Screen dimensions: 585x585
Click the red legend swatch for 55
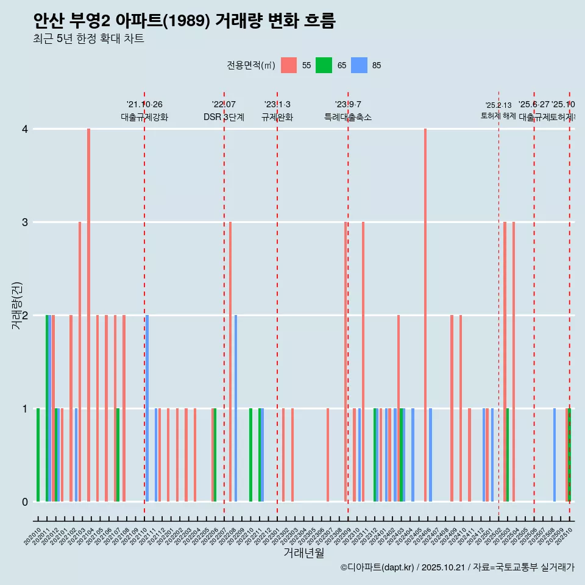(289, 65)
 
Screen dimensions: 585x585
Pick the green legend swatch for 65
(324, 65)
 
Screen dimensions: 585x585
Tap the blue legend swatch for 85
(359, 65)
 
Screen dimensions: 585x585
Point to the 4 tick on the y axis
(25, 129)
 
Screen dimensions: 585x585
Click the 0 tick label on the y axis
(25, 502)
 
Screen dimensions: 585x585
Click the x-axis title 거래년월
(303, 553)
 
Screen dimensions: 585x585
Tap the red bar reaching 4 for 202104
(88, 315)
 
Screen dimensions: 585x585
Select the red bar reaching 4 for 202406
(425, 315)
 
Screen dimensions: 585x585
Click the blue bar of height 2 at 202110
(147, 408)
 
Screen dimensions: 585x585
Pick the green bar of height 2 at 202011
(47, 408)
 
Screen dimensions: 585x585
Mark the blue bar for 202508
(555, 455)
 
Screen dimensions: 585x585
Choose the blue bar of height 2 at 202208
(236, 408)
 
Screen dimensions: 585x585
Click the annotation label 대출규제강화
(144, 117)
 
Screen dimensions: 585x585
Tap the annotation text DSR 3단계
(224, 117)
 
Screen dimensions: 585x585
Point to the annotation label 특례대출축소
(347, 117)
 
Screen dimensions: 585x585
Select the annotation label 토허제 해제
(498, 116)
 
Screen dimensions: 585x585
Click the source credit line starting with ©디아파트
(457, 567)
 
